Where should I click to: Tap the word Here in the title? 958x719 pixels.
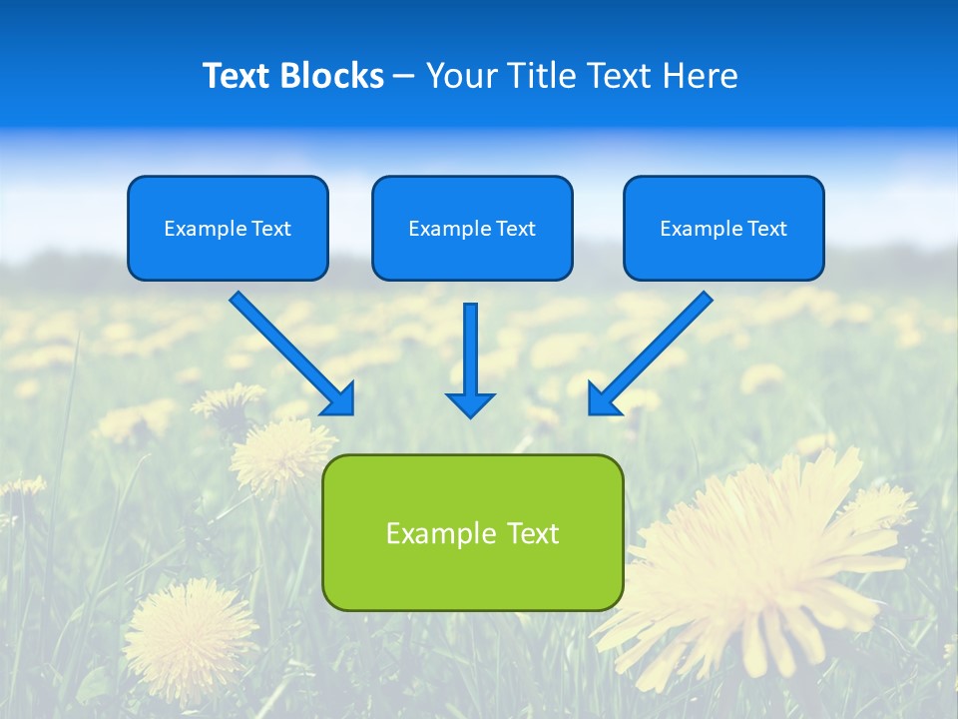click(699, 76)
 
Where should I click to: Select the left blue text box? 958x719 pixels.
click(228, 228)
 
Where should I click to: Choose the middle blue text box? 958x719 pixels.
click(472, 228)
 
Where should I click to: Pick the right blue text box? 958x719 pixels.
click(723, 228)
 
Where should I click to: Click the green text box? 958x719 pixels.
click(472, 532)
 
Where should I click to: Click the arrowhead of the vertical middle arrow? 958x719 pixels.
click(470, 404)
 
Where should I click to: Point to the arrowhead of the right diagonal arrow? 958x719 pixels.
click(603, 399)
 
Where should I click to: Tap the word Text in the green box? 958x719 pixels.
click(534, 533)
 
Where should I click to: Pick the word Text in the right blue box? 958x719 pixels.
click(765, 229)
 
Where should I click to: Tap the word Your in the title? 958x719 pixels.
click(456, 76)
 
